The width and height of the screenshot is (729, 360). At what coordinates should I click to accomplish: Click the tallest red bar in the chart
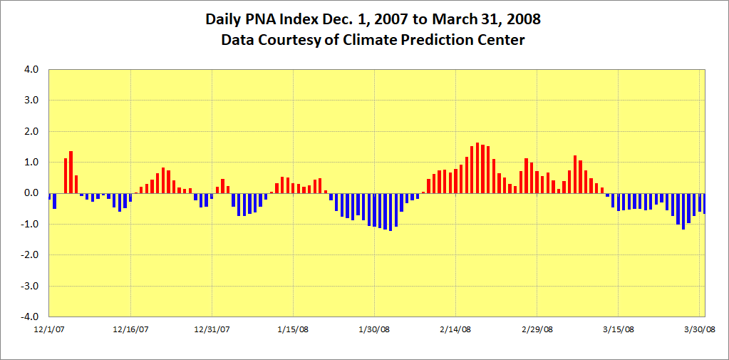point(477,168)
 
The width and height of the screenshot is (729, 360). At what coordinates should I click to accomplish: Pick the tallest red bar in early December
point(71,172)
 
